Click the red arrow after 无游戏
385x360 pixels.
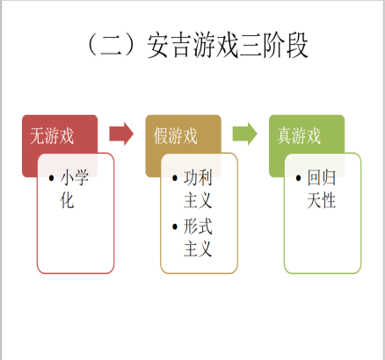121,133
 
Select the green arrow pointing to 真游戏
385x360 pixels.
245,133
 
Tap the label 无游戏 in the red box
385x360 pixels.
52,136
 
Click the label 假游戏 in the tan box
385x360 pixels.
176,136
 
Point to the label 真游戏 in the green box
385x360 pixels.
299,136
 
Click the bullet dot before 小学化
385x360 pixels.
52,177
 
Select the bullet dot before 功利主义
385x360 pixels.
175,177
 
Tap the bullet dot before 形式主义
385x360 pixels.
175,227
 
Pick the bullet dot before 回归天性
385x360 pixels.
299,177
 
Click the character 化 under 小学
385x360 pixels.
67,200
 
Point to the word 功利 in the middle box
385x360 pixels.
198,177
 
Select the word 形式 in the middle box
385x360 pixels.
198,227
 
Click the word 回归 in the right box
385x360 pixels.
322,177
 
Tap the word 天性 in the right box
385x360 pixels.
322,200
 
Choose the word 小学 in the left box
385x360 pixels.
75,177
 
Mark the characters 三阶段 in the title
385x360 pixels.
273,46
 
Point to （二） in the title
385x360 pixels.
111,46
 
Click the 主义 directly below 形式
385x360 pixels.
198,249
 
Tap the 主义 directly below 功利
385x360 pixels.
198,200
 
